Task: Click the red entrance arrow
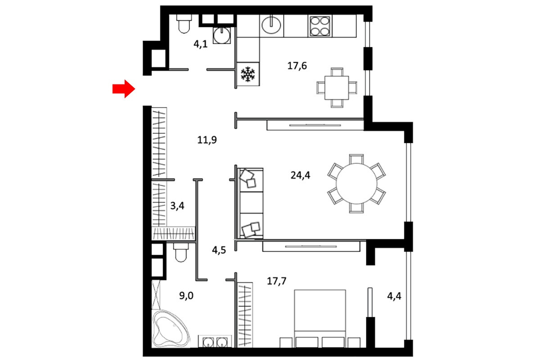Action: pos(124,89)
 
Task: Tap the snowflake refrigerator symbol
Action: pos(248,74)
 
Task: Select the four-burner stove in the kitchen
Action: pos(319,26)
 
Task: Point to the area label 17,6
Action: pos(297,66)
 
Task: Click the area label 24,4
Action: pos(300,175)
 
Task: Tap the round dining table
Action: pos(356,184)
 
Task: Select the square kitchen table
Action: pos(337,88)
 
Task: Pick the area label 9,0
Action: pos(186,296)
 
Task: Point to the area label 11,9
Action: pos(207,140)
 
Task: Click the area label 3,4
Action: pos(177,206)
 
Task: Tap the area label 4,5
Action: pos(219,250)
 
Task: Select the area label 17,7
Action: pos(276,281)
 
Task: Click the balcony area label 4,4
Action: pos(394,296)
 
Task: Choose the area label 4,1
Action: pos(200,45)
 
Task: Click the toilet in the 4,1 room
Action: pos(184,24)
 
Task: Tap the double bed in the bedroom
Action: pos(320,319)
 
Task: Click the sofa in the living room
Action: pos(251,203)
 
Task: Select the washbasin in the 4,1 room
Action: pos(221,35)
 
